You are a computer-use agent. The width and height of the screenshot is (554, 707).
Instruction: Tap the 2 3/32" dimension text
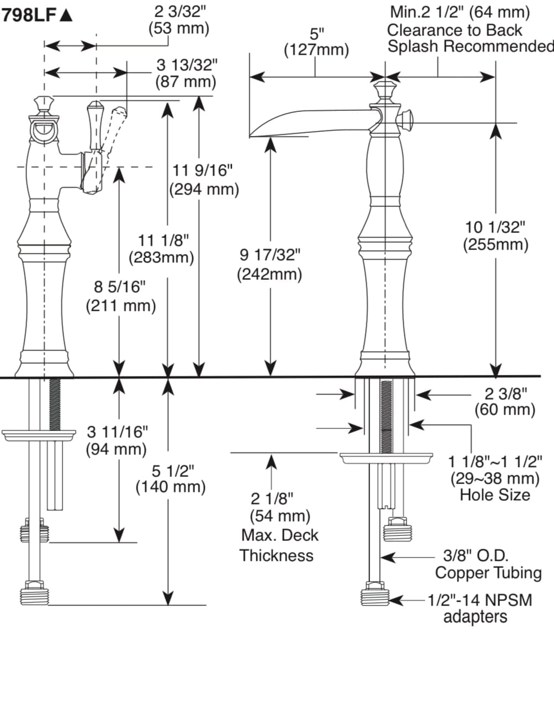[178, 12]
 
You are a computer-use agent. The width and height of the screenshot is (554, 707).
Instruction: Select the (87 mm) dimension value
[185, 82]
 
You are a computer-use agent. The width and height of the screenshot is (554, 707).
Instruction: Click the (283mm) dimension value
[161, 258]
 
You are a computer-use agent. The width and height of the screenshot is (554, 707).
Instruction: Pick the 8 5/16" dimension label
[120, 287]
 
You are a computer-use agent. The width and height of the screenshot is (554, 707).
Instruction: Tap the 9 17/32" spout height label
[270, 256]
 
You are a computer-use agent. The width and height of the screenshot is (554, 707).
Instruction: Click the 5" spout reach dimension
[316, 34]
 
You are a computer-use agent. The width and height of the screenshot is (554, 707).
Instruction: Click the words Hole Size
[494, 495]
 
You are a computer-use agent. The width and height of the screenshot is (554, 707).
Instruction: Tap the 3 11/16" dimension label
[118, 432]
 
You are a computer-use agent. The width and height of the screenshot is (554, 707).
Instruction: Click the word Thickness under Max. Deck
[276, 555]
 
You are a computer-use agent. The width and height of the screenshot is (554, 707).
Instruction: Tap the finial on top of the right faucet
[384, 88]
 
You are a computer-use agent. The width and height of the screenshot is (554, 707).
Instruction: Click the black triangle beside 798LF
[66, 15]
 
